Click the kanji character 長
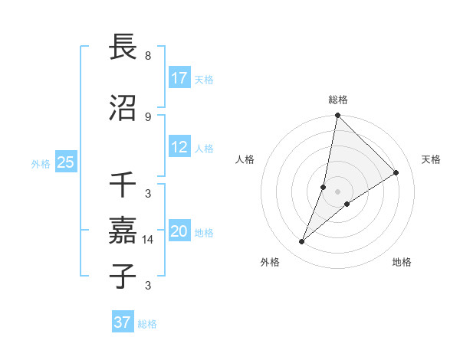(123, 47)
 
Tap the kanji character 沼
(123, 108)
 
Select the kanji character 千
(123, 185)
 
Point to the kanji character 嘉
(123, 229)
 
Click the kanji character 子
(123, 275)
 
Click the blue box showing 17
(179, 77)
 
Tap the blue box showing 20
(179, 231)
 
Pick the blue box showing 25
(66, 162)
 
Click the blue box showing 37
(123, 322)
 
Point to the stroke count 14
(149, 240)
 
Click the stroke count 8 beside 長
(147, 56)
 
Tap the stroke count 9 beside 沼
(147, 116)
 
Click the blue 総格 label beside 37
(147, 324)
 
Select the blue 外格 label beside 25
(41, 163)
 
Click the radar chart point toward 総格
(337, 116)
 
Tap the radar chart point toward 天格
(396, 172)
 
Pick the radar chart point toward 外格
(302, 242)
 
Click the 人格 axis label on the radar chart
(245, 159)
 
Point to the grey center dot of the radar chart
(337, 191)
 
